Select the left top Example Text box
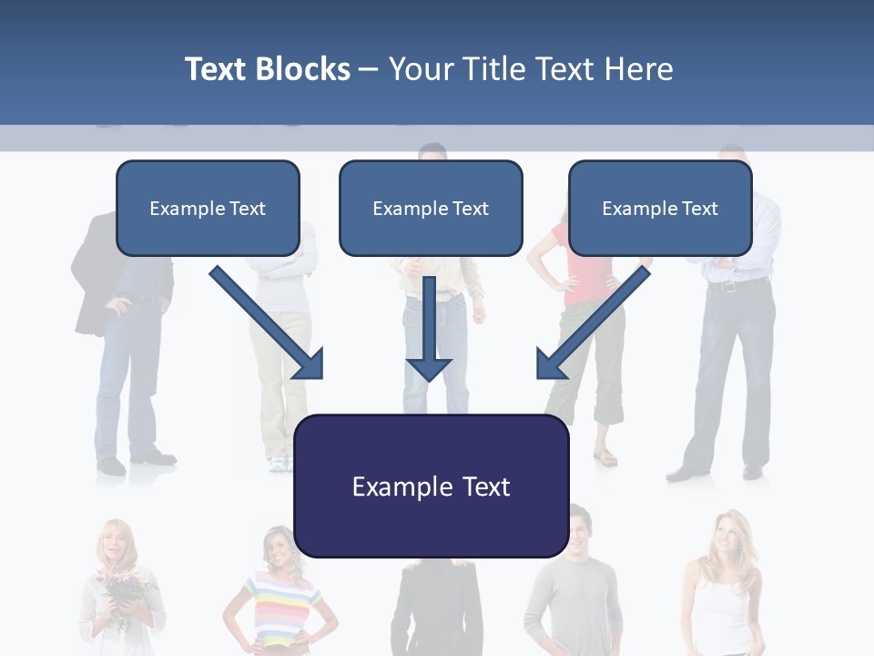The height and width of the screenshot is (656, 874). [x=208, y=208]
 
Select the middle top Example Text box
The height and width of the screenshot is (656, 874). [x=431, y=208]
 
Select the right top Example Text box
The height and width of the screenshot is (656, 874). [x=660, y=208]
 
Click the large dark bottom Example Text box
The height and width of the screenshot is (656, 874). [x=431, y=486]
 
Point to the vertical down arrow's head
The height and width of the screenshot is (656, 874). [x=429, y=368]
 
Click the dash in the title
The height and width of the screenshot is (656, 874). [x=369, y=69]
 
